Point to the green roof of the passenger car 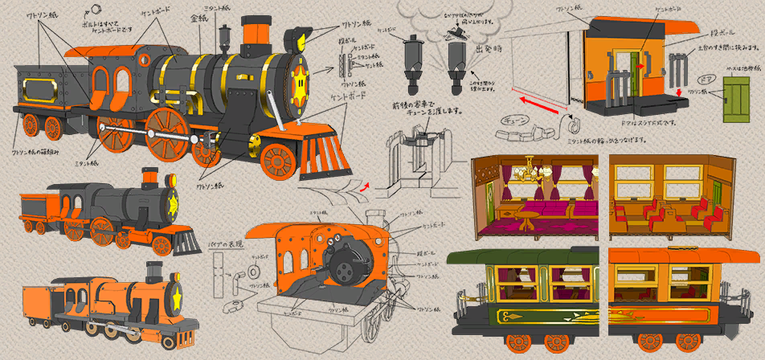pos(522,256)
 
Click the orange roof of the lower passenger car pos(683,256)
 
